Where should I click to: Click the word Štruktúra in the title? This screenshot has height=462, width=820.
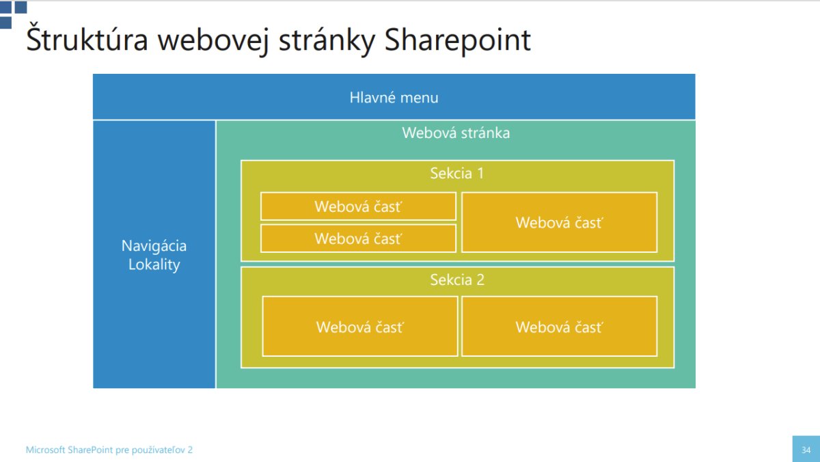87,38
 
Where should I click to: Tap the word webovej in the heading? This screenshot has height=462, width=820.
213,41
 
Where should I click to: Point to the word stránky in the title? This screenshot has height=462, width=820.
327,41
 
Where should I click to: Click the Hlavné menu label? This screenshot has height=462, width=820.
394,97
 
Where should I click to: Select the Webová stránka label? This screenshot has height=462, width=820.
456,133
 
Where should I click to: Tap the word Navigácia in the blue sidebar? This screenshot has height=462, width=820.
154,246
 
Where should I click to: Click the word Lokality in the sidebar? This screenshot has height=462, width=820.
154,264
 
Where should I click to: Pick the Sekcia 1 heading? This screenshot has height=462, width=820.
457,173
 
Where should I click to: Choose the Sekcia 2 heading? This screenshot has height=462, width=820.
457,280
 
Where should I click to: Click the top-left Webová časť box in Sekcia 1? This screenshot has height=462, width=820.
358,206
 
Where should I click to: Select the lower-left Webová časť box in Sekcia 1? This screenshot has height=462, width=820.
358,239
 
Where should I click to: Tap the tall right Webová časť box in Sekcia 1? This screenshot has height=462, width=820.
560,222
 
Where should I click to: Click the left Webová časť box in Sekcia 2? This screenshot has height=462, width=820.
360,326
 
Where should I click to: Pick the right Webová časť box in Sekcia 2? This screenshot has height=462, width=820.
560,326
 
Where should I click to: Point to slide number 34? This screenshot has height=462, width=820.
806,450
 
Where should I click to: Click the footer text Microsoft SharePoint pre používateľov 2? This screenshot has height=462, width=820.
109,450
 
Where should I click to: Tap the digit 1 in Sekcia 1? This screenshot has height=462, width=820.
480,173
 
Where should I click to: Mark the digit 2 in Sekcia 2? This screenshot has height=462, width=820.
480,280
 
